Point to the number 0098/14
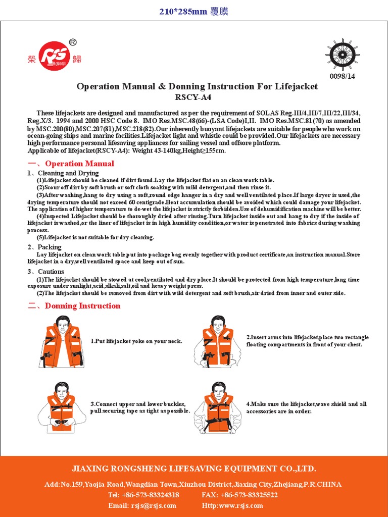click(343, 77)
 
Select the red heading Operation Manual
click(79, 164)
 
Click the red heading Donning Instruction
click(82, 306)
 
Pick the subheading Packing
click(50, 247)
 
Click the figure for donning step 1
click(61, 341)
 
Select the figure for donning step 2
click(218, 341)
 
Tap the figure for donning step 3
click(61, 407)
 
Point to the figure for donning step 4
click(218, 407)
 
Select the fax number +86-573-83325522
click(250, 495)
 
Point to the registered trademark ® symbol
click(72, 42)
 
